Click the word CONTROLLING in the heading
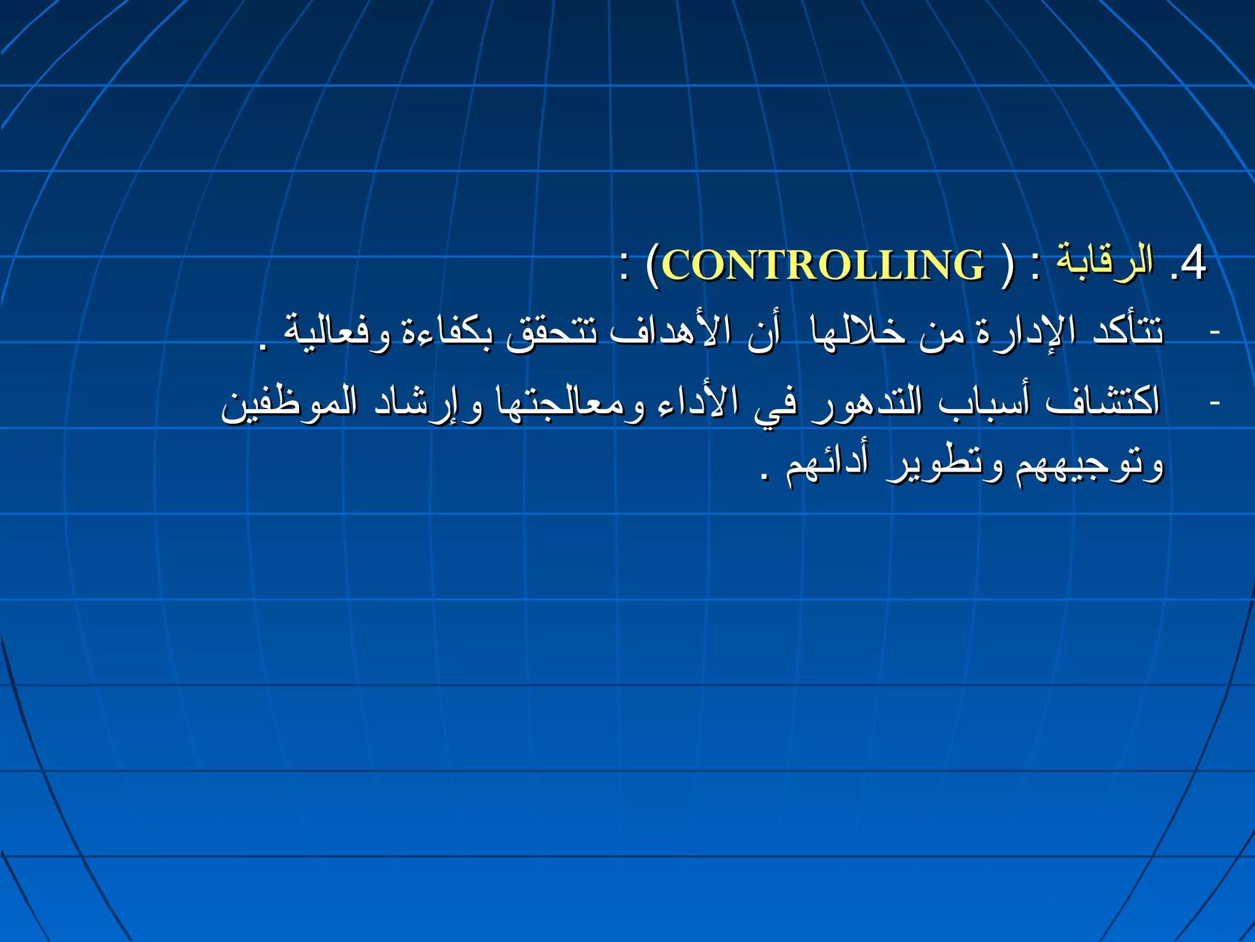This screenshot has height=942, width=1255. [822, 266]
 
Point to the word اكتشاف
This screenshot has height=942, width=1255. [1103, 402]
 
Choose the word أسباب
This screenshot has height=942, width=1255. [985, 402]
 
